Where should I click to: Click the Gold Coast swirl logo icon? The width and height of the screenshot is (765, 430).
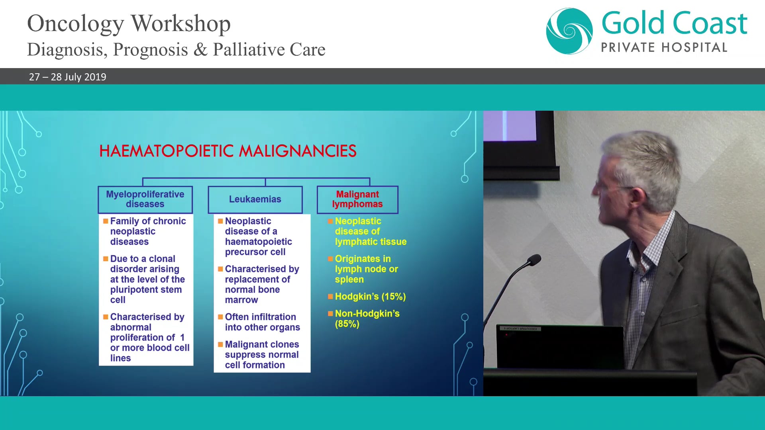pyautogui.click(x=569, y=31)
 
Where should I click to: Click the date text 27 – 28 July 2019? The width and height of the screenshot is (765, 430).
pyautogui.click(x=68, y=77)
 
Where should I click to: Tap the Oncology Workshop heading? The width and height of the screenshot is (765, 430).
pyautogui.click(x=129, y=23)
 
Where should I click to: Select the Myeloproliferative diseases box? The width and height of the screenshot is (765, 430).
pyautogui.click(x=145, y=199)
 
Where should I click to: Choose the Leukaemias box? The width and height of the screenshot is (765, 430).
pyautogui.click(x=255, y=199)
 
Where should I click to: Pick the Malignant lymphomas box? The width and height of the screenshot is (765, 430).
pyautogui.click(x=357, y=199)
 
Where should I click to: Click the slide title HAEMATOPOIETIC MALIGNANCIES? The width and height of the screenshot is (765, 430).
pyautogui.click(x=228, y=151)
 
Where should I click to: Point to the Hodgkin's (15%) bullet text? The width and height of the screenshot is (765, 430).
pyautogui.click(x=370, y=297)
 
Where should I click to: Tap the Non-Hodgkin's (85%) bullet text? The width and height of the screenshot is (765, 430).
pyautogui.click(x=367, y=319)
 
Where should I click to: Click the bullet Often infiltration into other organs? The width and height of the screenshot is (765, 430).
pyautogui.click(x=262, y=322)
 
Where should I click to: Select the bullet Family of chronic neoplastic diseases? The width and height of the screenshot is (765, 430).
pyautogui.click(x=147, y=231)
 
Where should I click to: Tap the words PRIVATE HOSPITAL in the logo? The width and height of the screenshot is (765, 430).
pyautogui.click(x=664, y=48)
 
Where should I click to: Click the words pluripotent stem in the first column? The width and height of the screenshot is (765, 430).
pyautogui.click(x=146, y=290)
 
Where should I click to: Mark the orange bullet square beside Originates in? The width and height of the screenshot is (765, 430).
pyautogui.click(x=330, y=259)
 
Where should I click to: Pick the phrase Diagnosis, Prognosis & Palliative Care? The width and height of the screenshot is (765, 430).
pyautogui.click(x=176, y=50)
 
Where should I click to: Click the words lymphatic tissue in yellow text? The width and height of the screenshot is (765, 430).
pyautogui.click(x=371, y=242)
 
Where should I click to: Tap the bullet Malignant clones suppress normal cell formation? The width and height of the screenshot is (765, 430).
pyautogui.click(x=261, y=355)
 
